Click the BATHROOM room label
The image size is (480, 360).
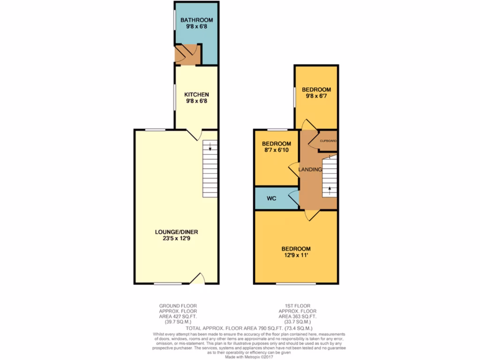[197, 20]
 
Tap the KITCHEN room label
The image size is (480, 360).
[196, 94]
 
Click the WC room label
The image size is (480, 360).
[271, 199]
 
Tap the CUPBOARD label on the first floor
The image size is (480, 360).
[328, 141]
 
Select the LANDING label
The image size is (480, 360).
[311, 169]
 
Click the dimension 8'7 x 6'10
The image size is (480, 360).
[276, 150]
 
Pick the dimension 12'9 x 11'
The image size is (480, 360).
[296, 255]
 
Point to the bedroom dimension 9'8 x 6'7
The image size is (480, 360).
[316, 97]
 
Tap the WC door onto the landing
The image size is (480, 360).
[294, 199]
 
